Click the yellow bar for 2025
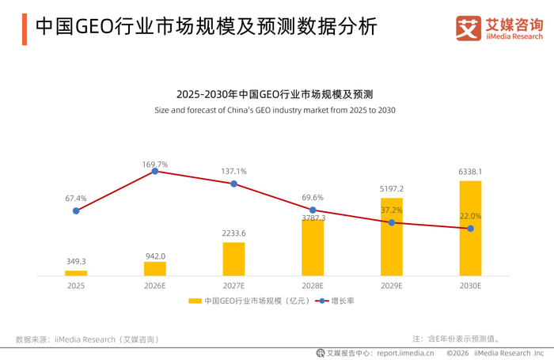pyautogui.click(x=76, y=273)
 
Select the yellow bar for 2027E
pyautogui.click(x=233, y=259)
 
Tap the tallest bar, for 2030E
pyautogui.click(x=470, y=228)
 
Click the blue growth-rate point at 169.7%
pyautogui.click(x=155, y=172)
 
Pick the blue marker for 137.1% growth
pyautogui.click(x=234, y=184)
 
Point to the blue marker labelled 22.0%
pyautogui.click(x=470, y=229)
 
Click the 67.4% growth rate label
pyautogui.click(x=76, y=198)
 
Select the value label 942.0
pyautogui.click(x=155, y=256)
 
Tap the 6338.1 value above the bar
pyautogui.click(x=470, y=172)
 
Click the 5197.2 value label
pyautogui.click(x=392, y=188)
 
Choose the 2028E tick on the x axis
pyautogui.click(x=313, y=286)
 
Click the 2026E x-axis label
pyautogui.click(x=155, y=286)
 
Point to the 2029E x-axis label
pyautogui.click(x=392, y=286)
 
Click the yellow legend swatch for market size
pyautogui.click(x=195, y=301)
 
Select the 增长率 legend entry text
pyautogui.click(x=343, y=301)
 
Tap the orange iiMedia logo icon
pyautogui.click(x=469, y=28)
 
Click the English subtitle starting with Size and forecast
pyautogui.click(x=275, y=110)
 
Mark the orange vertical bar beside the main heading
pyautogui.click(x=25, y=29)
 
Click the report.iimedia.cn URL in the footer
pyautogui.click(x=405, y=354)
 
